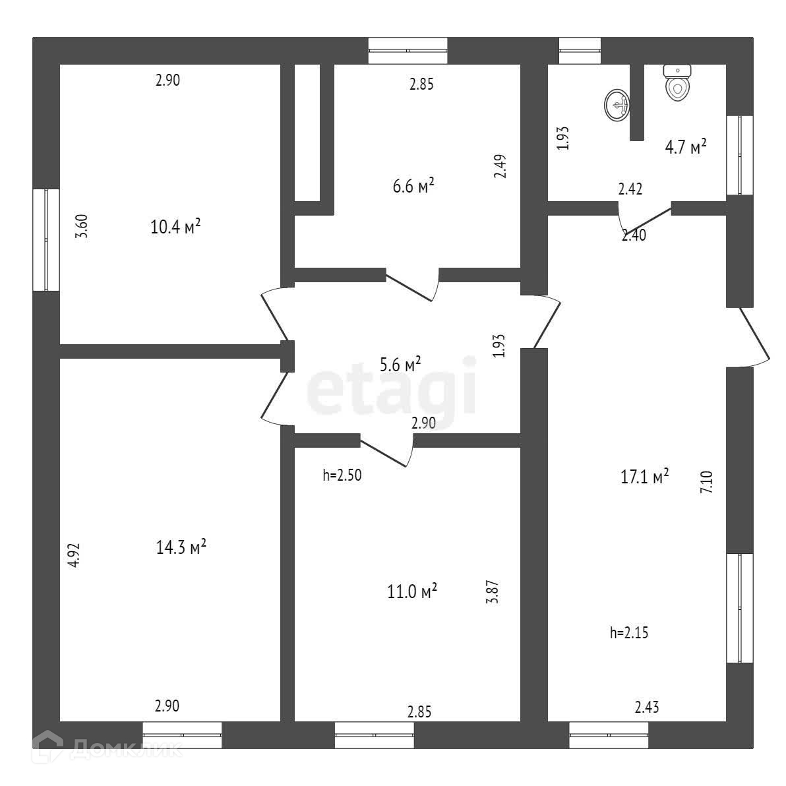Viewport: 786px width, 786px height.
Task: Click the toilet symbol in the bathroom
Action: click(x=677, y=83)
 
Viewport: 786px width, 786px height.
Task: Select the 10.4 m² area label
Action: click(x=175, y=227)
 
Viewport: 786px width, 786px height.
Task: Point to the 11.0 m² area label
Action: click(x=412, y=591)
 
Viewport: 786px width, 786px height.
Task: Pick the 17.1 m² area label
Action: click(x=645, y=476)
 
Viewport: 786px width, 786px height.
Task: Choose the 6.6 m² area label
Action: click(x=413, y=186)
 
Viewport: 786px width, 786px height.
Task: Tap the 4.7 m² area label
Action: click(x=686, y=146)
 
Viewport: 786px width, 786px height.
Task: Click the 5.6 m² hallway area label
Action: click(x=401, y=365)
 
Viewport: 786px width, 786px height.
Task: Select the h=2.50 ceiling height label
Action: click(x=342, y=475)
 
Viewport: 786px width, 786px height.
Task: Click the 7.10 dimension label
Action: click(x=706, y=482)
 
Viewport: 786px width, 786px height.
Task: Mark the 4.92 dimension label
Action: click(x=74, y=555)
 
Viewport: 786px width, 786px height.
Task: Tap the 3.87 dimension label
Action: click(x=499, y=591)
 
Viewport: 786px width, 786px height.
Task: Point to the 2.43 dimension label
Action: click(x=646, y=708)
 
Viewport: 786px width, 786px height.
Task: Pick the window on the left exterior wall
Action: click(x=46, y=240)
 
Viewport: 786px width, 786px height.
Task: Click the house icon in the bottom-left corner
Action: click(x=47, y=748)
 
